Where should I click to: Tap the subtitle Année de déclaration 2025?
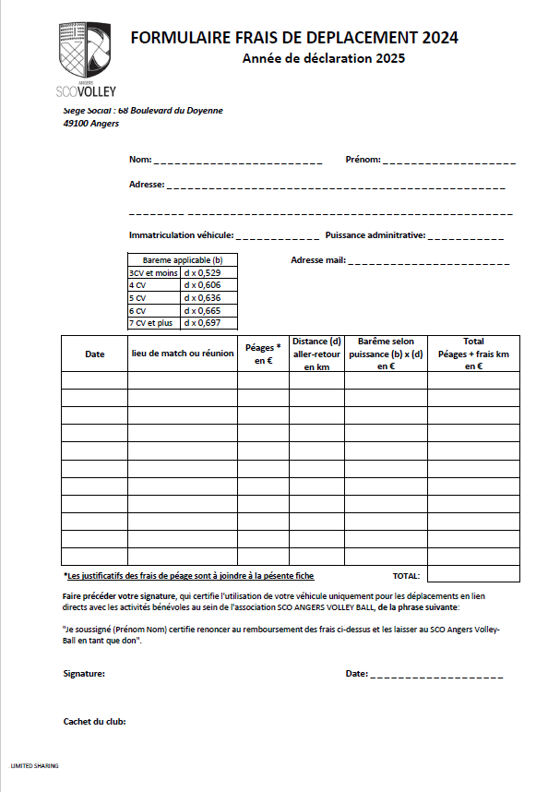click(x=323, y=58)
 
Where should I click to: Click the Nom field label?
click(x=140, y=159)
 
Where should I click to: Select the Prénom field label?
click(x=363, y=159)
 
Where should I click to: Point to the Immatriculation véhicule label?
click(x=181, y=234)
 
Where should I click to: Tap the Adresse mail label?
click(x=317, y=260)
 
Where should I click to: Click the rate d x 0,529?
click(x=202, y=273)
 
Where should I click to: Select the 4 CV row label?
click(x=137, y=286)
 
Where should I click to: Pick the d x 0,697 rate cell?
click(x=202, y=323)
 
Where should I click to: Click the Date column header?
click(x=95, y=354)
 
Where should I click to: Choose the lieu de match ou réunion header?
click(x=182, y=354)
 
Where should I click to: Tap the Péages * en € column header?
click(x=263, y=354)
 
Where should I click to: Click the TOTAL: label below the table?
click(x=406, y=575)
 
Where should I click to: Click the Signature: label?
click(x=84, y=674)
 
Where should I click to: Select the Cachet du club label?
click(x=94, y=722)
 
